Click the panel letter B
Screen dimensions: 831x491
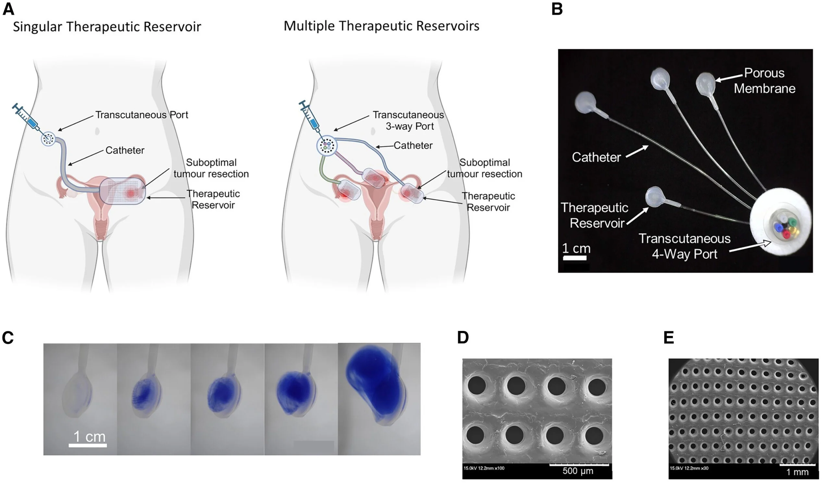click(557, 9)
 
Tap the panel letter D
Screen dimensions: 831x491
click(463, 338)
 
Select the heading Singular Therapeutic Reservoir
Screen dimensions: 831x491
click(107, 27)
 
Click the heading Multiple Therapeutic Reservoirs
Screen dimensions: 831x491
click(381, 26)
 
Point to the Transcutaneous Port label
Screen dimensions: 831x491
click(142, 115)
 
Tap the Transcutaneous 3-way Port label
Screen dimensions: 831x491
click(408, 120)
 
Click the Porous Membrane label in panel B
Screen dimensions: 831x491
click(764, 81)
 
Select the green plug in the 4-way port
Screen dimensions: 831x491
click(792, 222)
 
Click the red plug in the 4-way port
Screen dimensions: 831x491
click(786, 235)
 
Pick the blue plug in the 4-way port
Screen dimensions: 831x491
click(778, 227)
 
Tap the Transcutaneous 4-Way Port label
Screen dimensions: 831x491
click(684, 246)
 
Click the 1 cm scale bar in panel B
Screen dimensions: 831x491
click(575, 258)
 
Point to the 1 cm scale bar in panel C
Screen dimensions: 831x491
click(88, 445)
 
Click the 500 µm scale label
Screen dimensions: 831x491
click(578, 471)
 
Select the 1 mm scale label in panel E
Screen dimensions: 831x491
click(797, 472)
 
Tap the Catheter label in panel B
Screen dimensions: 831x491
click(596, 157)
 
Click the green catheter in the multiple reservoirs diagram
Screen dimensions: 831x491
click(325, 170)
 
